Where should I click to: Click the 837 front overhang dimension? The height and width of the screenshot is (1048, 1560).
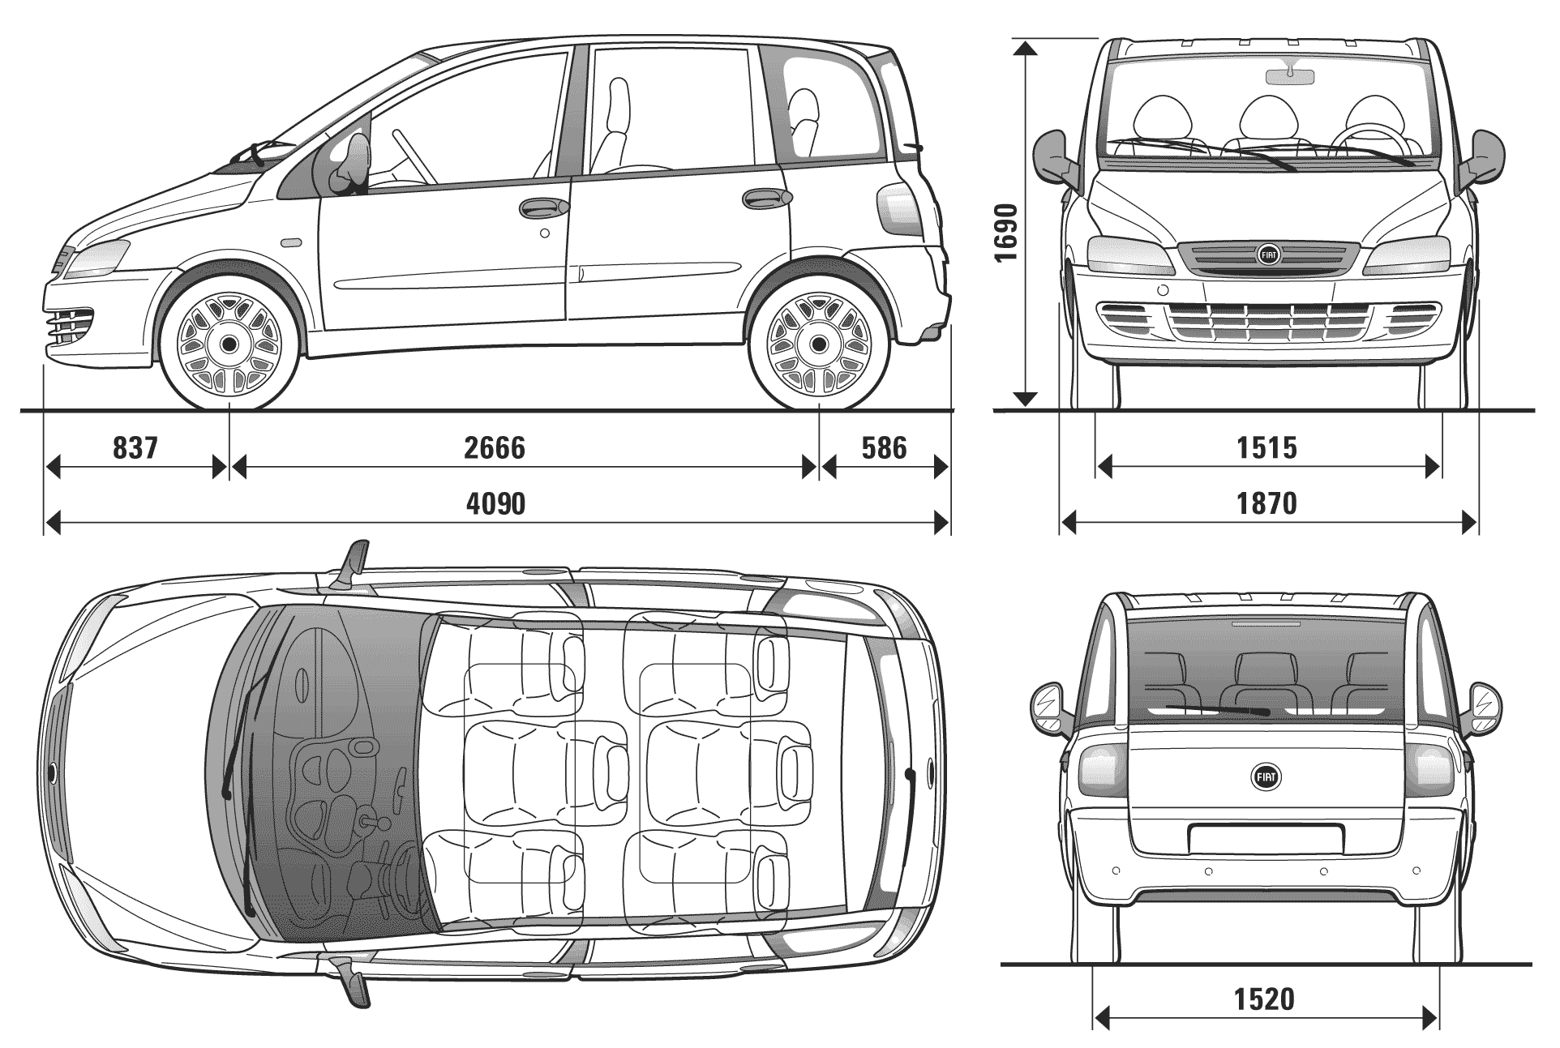coord(135,447)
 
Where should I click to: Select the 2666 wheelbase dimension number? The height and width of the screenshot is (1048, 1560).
coord(495,447)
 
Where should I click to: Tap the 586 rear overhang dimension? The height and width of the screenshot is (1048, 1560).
coord(884,447)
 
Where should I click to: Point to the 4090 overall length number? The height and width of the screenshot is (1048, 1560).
coord(495,504)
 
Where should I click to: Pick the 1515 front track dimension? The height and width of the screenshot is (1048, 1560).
coord(1266,447)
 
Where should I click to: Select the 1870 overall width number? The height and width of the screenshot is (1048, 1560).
coord(1266,504)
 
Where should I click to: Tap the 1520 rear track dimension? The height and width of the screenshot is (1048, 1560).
coord(1265,999)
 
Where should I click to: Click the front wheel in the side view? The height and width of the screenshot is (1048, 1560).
coord(229,344)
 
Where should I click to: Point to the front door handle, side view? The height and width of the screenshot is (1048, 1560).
coord(543,207)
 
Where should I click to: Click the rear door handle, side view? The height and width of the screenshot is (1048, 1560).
coord(766,199)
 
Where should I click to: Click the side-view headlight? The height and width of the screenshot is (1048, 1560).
coord(97,258)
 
